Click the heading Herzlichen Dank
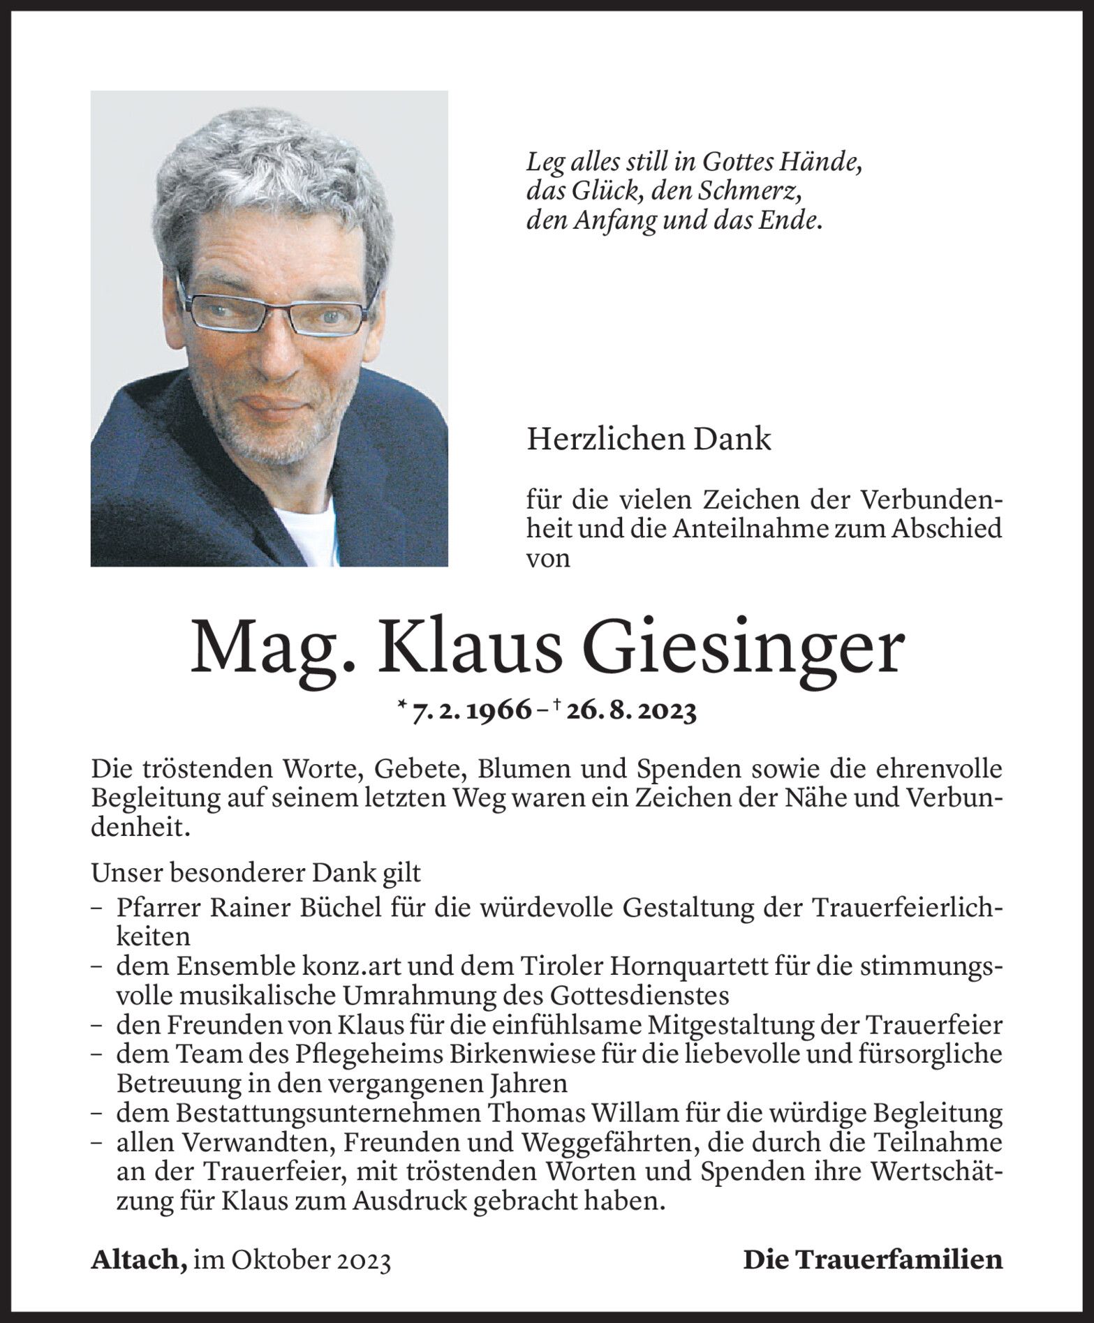[x=649, y=440]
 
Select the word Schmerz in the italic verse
[x=754, y=192]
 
